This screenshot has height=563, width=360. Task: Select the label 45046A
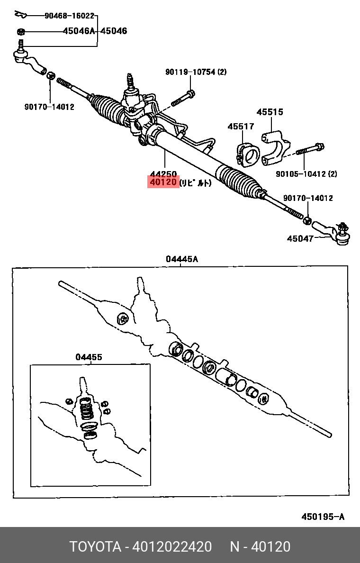pos(80,31)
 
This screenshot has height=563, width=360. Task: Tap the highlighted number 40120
pos(163,182)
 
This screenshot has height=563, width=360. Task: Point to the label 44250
pos(163,174)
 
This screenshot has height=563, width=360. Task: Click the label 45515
pos(270,112)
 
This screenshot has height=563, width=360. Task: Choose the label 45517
pos(241,127)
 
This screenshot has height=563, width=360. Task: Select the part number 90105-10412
pos(301,174)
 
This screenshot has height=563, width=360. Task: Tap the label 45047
pos(300,238)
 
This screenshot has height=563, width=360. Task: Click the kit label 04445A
pos(182,259)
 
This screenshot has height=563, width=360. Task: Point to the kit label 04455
pos(89,357)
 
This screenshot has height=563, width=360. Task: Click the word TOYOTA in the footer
pos(96,547)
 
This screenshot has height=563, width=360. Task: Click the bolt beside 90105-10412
pos(310,149)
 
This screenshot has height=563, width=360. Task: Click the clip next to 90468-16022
pos(20,14)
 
